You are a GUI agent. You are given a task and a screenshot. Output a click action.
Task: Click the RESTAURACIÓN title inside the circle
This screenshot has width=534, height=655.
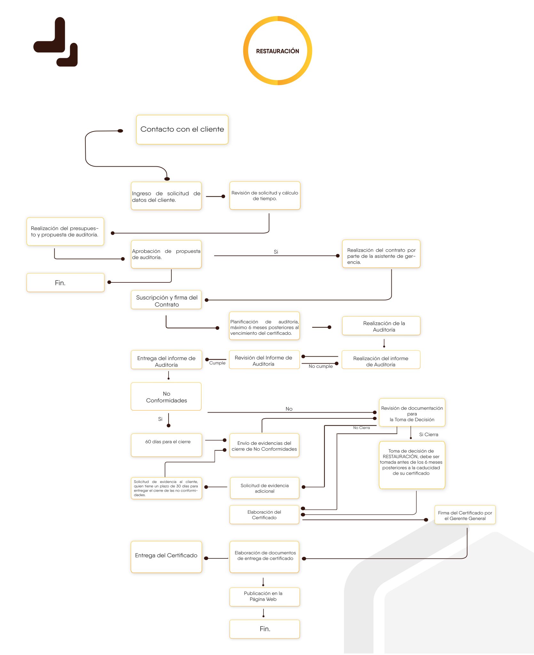click(x=278, y=51)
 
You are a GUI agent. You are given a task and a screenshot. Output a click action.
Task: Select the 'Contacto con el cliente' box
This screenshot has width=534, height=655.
click(x=182, y=130)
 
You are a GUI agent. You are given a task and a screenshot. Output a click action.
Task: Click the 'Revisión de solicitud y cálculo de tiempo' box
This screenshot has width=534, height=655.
click(x=265, y=196)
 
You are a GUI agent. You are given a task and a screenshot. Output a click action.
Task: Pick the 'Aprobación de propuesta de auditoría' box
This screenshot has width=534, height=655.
click(x=166, y=254)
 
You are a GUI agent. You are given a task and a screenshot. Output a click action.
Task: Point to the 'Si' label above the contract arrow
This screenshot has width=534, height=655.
click(x=276, y=252)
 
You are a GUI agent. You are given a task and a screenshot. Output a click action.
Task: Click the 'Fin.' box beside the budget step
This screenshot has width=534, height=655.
click(x=66, y=283)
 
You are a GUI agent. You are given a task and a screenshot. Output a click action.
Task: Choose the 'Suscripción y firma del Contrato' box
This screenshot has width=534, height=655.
click(x=166, y=300)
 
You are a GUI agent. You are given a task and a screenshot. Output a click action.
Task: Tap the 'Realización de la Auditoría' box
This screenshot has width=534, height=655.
click(x=381, y=326)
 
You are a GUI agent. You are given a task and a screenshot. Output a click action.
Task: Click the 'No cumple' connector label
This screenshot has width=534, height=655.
click(x=321, y=366)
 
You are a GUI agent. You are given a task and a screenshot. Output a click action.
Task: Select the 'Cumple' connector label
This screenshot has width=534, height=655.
click(x=217, y=363)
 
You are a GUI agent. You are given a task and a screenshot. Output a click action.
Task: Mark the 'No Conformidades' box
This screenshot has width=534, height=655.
click(x=166, y=397)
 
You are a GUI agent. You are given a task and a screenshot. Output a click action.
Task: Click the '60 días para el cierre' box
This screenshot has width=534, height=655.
click(x=167, y=445)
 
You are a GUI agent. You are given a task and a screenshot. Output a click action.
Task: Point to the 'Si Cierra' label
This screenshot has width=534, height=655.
click(x=429, y=434)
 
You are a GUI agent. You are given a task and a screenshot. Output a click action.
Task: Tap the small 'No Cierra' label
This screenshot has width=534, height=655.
click(x=361, y=428)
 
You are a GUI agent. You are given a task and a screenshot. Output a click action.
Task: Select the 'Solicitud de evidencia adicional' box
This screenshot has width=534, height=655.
click(x=265, y=488)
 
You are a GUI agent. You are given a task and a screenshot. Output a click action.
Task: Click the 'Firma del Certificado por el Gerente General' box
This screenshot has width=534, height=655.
click(x=465, y=515)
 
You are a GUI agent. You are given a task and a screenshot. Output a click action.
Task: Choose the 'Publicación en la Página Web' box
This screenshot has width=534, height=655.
click(x=265, y=597)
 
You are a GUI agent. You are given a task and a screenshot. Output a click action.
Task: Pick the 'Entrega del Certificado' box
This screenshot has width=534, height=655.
click(x=166, y=557)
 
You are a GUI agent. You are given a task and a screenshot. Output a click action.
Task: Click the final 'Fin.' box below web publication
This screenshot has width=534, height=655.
click(x=265, y=629)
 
